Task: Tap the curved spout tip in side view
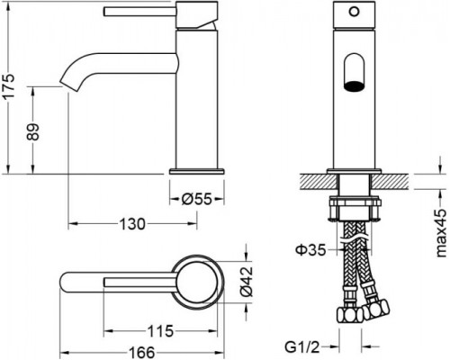pyautogui.click(x=67, y=82)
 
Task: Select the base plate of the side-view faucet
pyautogui.click(x=194, y=168)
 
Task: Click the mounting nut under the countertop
pyautogui.click(x=355, y=211)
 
